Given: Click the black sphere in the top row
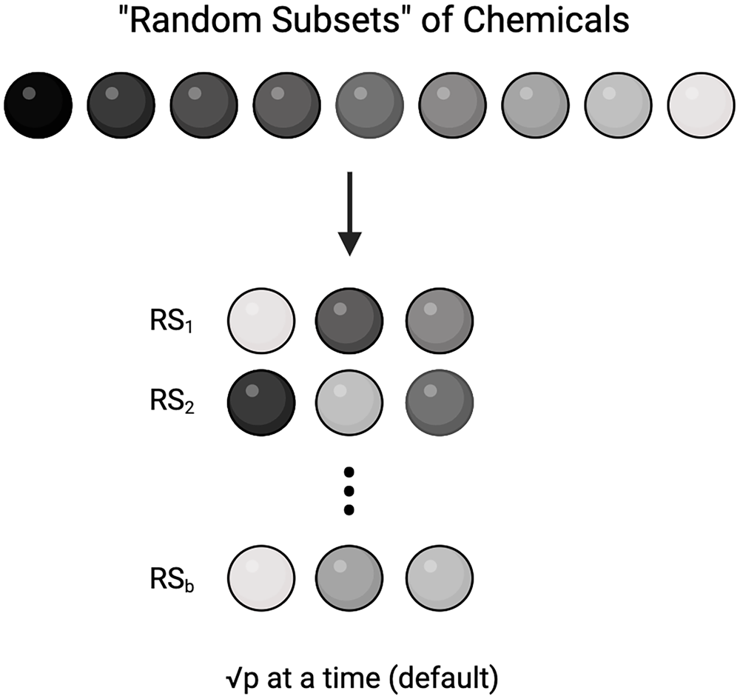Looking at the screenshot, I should [38, 105].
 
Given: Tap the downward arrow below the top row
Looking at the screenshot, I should [349, 215].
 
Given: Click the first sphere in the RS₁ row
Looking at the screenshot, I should [261, 321].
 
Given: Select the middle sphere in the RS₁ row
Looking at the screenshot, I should [350, 321].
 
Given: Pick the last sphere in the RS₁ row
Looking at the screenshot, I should [439, 321].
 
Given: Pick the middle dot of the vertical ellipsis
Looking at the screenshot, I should [350, 490].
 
